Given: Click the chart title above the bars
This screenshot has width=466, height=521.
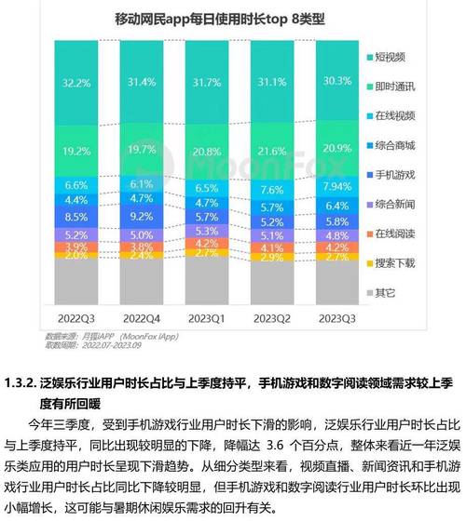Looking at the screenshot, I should click(x=200, y=19).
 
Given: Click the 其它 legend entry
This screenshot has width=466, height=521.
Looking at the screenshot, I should click(x=385, y=292).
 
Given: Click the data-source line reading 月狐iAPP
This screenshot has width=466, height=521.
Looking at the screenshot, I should click(x=93, y=336).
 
